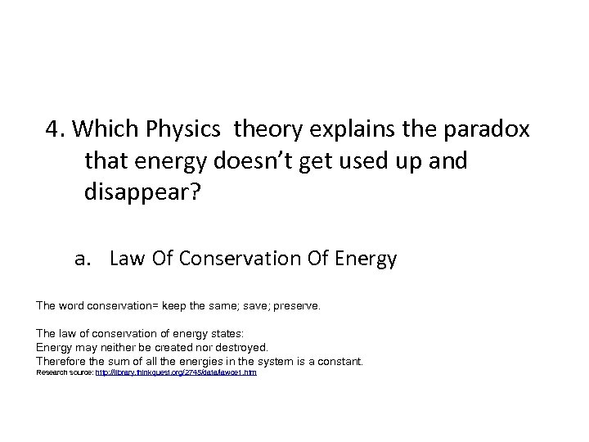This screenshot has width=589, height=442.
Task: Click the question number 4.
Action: click(56, 130)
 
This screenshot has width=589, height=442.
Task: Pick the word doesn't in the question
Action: click(245, 160)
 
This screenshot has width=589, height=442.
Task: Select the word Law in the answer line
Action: click(125, 259)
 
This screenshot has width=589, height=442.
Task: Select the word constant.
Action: click(338, 361)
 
